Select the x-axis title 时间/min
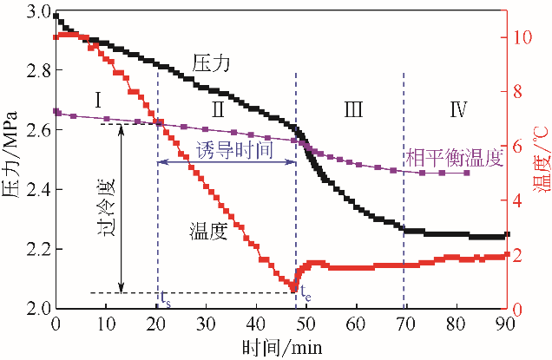click(x=280, y=347)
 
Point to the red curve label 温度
click(x=208, y=231)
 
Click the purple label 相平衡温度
click(x=454, y=157)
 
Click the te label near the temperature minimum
click(x=306, y=294)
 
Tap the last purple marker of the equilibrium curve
click(x=467, y=173)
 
